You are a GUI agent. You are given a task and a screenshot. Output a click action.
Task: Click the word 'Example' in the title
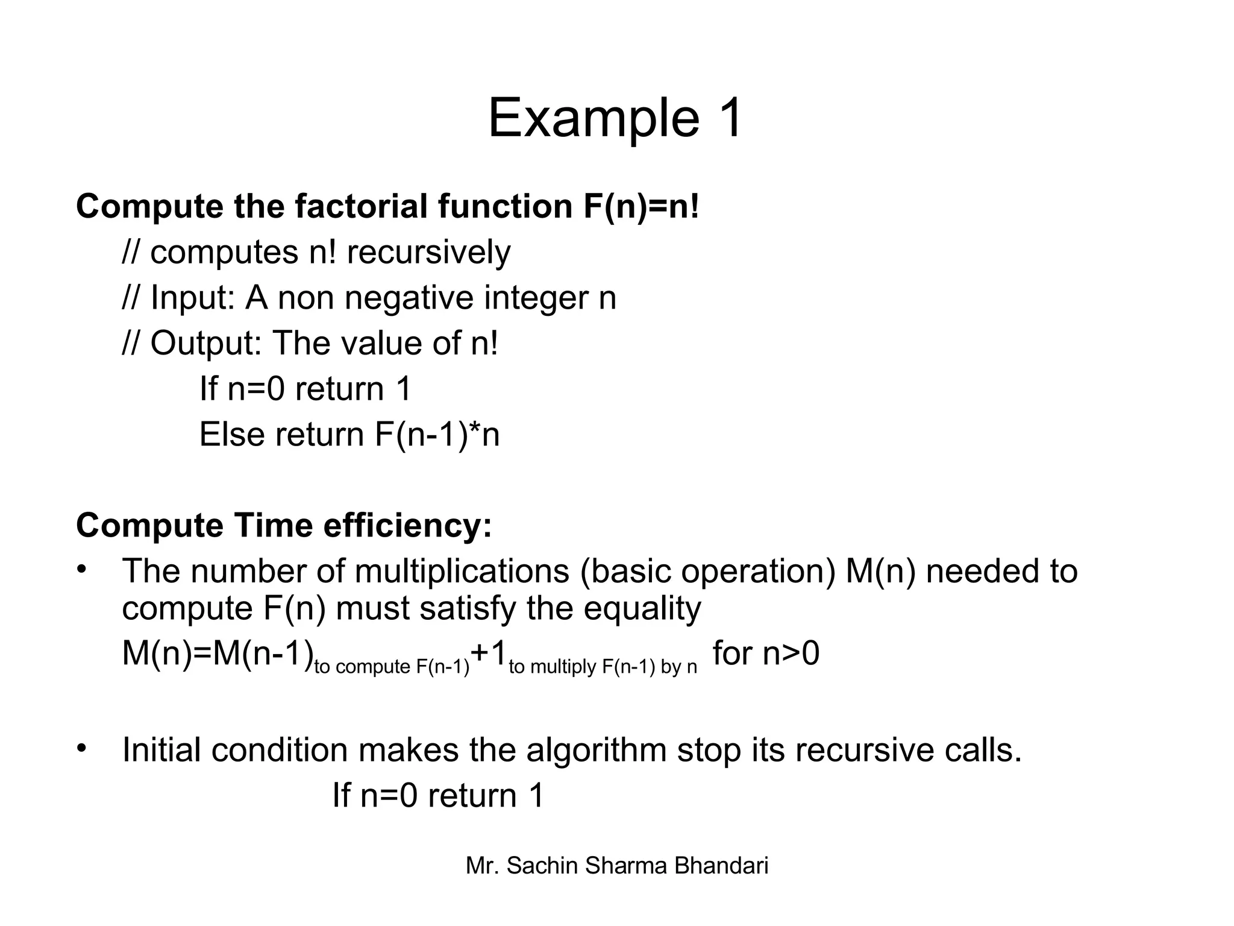(594, 119)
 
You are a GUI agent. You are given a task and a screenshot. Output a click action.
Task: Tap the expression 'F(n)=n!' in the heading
(641, 206)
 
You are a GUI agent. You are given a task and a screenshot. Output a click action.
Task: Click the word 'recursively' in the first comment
(428, 252)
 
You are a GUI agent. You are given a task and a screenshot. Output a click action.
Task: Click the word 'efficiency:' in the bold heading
(407, 525)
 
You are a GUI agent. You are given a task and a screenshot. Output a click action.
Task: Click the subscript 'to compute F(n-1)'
(392, 667)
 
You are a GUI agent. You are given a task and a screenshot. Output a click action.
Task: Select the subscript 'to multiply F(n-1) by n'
(603, 667)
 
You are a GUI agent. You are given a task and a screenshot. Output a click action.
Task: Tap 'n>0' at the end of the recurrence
(791, 654)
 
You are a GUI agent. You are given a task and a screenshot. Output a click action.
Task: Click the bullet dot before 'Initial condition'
(83, 748)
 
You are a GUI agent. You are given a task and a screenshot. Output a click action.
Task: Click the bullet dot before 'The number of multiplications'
(83, 569)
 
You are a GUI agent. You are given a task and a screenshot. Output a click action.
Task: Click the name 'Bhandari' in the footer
(721, 866)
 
